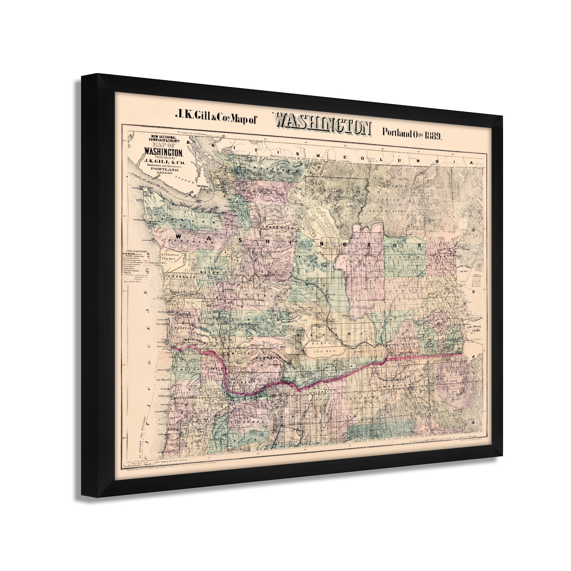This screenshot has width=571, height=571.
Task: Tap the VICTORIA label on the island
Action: (x=204, y=186)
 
